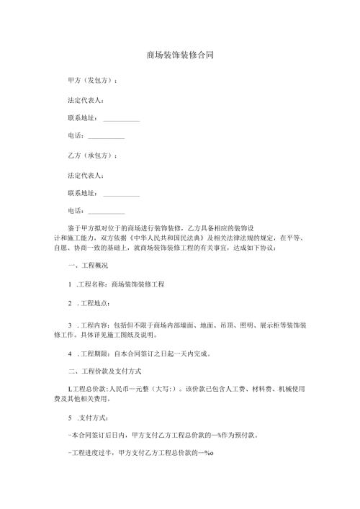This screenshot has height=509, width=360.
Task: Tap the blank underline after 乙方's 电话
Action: tap(106, 212)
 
